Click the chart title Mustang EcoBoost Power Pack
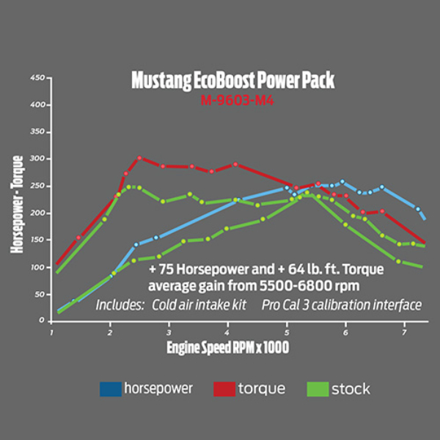pos(232,80)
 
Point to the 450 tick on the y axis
pos(38,78)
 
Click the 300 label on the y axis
pos(38,158)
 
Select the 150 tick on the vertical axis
pos(38,240)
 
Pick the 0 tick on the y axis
pos(43,320)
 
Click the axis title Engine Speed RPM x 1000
pos(227,348)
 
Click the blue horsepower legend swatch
pos(109,389)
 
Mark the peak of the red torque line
pos(139,158)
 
